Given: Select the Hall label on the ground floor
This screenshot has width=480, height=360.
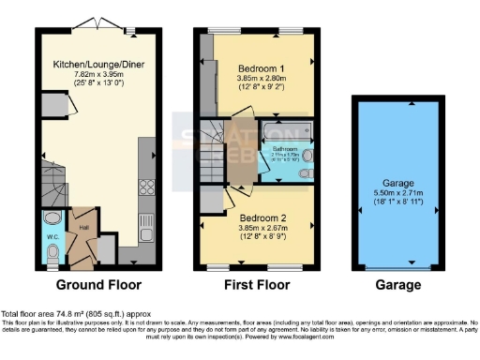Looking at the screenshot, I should pyautogui.click(x=82, y=226).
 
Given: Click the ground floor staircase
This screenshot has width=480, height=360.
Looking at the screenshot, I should pyautogui.click(x=56, y=195).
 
